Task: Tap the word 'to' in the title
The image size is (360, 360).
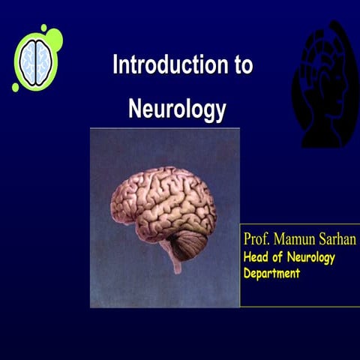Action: [x=239, y=65]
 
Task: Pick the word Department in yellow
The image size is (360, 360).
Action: [x=271, y=273]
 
